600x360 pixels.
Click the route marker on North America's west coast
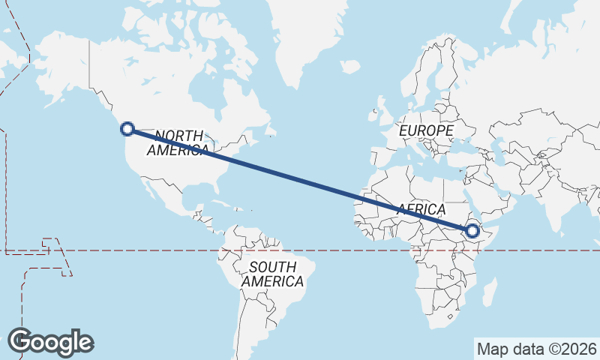tap(127, 129)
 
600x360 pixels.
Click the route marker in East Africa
tap(472, 230)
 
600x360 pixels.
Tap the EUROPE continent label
tap(426, 131)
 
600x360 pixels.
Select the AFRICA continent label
tap(421, 209)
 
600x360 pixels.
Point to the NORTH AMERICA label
tap(178, 142)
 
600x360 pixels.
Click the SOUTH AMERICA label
tap(273, 274)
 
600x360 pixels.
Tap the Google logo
tap(50, 342)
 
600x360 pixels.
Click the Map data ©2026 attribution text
tap(537, 349)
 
